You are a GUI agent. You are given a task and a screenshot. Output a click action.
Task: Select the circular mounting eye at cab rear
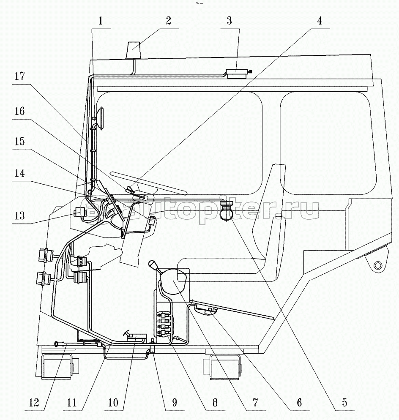point(377,265)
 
